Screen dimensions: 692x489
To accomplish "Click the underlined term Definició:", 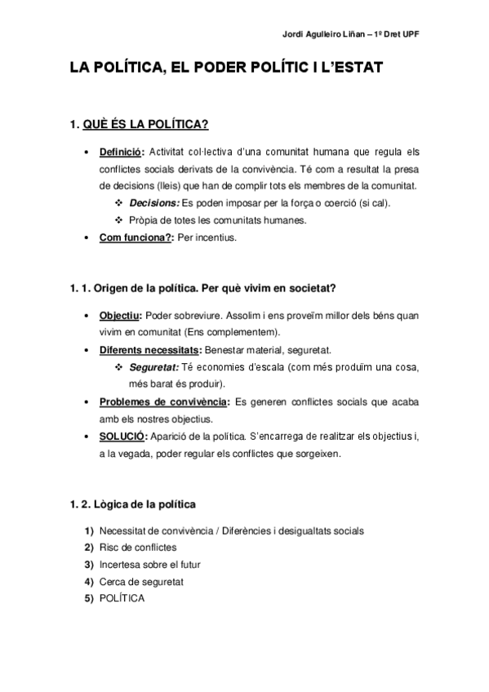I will click(x=122, y=152).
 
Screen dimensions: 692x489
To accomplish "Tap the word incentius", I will click(x=214, y=238).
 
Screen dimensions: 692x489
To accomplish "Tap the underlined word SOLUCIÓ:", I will click(x=122, y=437).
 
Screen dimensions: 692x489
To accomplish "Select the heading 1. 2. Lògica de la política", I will click(x=132, y=503).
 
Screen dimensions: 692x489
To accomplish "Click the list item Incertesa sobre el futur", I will click(x=149, y=564).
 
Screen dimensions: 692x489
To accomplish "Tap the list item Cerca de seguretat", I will click(x=141, y=581).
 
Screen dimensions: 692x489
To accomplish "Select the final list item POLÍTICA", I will click(x=122, y=598).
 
